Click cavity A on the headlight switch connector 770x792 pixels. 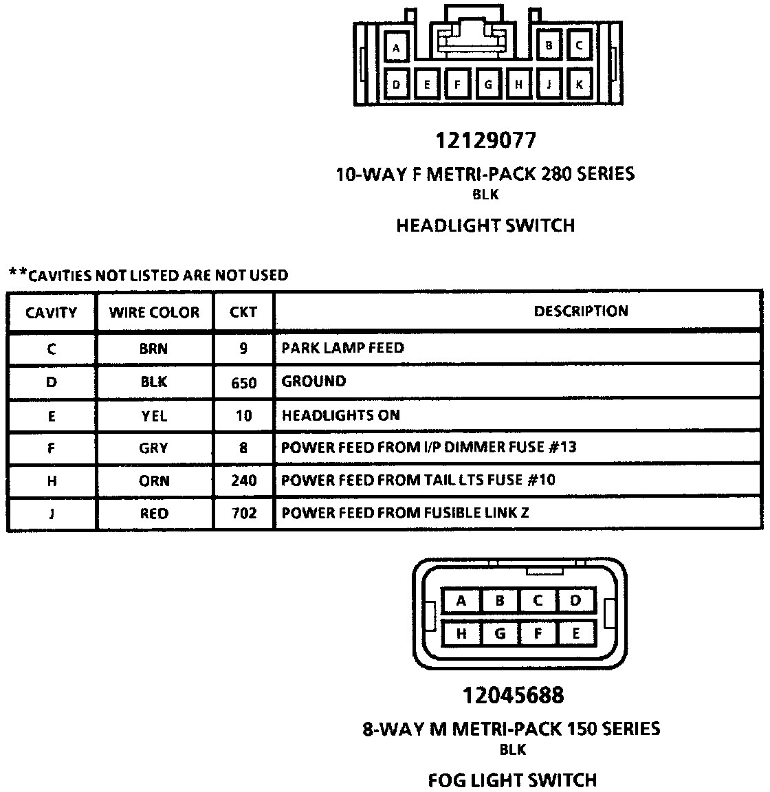[x=397, y=48]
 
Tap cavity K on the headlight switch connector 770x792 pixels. [x=580, y=85]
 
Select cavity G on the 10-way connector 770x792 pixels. [x=488, y=85]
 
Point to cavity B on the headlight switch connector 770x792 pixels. [x=549, y=46]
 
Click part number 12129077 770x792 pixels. [x=485, y=140]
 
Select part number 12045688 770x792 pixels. [x=513, y=695]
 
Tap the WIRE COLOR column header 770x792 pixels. [x=154, y=313]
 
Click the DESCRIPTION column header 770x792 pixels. [x=581, y=311]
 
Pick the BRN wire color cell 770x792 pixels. [x=153, y=349]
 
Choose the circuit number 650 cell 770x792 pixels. [x=244, y=382]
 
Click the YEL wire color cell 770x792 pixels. [x=153, y=416]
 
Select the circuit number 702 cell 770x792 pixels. [x=244, y=514]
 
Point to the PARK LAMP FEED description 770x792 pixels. [x=343, y=348]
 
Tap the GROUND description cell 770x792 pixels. [x=314, y=381]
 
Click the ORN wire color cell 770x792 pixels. [x=153, y=481]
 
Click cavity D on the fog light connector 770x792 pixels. [x=575, y=601]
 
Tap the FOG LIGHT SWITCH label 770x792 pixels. [x=512, y=780]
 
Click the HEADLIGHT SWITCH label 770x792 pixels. [x=485, y=225]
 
